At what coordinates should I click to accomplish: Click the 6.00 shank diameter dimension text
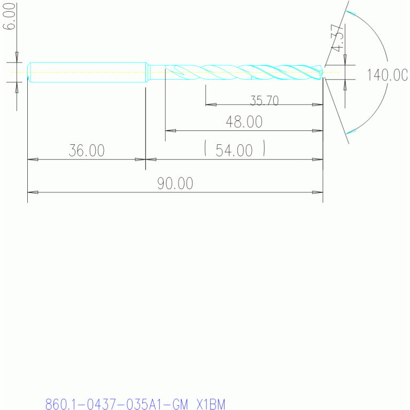point(9,16)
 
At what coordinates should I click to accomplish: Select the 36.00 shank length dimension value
point(87,150)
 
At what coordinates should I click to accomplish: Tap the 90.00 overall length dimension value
point(175,183)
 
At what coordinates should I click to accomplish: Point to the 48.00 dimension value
point(244,122)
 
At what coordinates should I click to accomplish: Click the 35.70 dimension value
point(265,100)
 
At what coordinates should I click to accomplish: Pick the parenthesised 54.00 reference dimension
point(235,149)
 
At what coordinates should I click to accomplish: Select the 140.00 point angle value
point(388,75)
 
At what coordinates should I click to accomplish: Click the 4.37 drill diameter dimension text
point(337,38)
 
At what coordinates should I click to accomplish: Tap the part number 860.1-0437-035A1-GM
point(117,404)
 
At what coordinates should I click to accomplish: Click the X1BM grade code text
point(211,404)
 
